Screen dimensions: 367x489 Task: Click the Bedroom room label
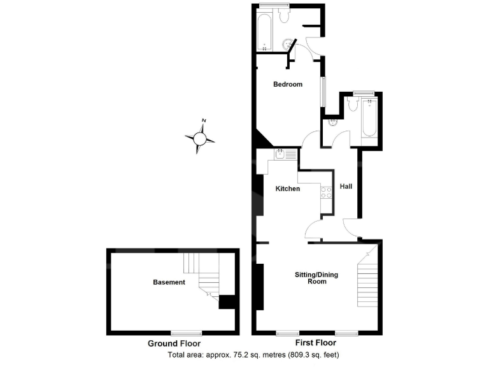[288, 84]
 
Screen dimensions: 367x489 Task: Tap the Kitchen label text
[288, 189]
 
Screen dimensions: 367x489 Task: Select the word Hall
[346, 187]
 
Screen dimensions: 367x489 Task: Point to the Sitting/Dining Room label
[316, 278]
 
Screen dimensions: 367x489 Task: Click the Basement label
[169, 282]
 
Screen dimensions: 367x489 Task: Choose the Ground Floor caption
[171, 343]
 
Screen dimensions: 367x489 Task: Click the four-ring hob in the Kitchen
[327, 192]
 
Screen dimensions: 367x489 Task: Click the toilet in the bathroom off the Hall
[353, 106]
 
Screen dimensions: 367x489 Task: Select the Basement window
[187, 332]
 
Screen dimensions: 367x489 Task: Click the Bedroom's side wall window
[323, 93]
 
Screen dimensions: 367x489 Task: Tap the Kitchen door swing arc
[314, 227]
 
